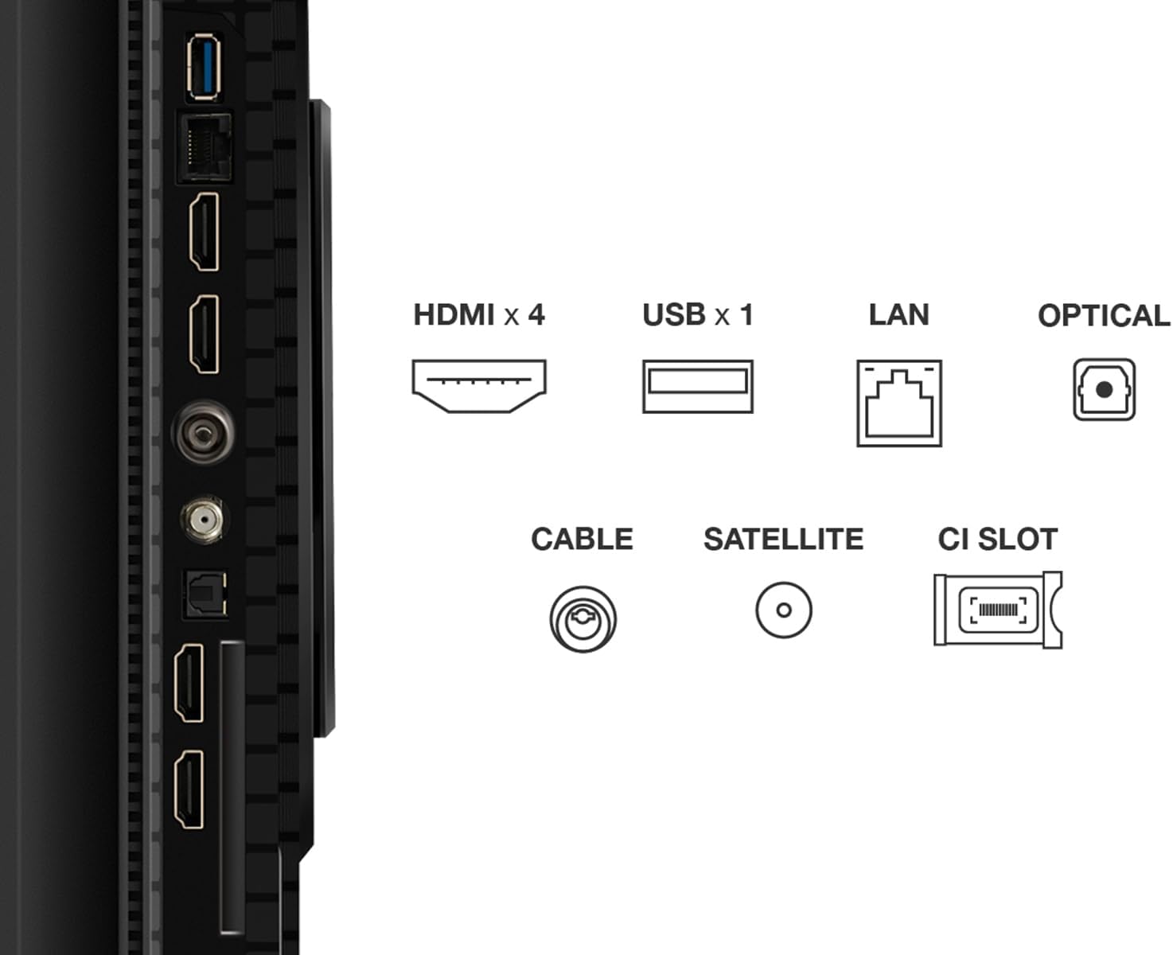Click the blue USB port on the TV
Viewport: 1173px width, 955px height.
[205, 67]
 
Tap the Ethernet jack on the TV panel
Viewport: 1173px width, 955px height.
[205, 147]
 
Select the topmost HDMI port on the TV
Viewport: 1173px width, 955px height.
[205, 232]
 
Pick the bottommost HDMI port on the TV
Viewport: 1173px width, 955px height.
[189, 789]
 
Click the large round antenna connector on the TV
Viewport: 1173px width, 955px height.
[203, 432]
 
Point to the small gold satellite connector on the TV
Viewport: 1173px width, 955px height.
[204, 519]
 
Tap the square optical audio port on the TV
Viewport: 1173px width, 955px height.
[205, 593]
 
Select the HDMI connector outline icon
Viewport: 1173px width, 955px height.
[479, 386]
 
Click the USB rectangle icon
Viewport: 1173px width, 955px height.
[698, 386]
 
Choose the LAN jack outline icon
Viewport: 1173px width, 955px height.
[898, 403]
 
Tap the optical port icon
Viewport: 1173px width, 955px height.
[1104, 389]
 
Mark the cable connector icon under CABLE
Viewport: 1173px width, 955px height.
[583, 619]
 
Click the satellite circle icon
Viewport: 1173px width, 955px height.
[784, 610]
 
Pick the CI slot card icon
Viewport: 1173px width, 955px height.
[998, 610]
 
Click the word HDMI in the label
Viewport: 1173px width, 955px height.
[454, 315]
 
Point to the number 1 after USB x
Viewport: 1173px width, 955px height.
[746, 315]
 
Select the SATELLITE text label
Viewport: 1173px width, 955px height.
[784, 540]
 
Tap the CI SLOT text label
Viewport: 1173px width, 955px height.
[998, 540]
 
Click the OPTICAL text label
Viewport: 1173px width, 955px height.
[1104, 316]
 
